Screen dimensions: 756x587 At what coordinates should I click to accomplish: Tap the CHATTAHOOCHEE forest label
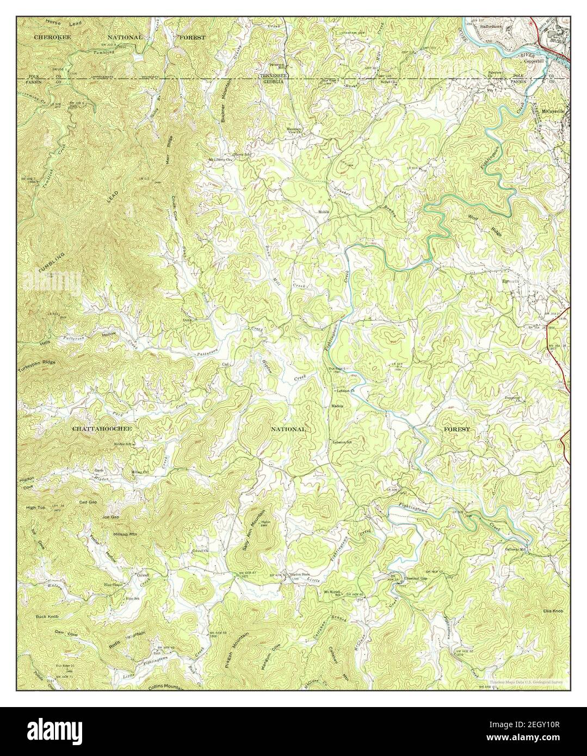click(102, 429)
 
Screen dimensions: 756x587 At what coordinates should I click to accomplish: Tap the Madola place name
click(338, 406)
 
